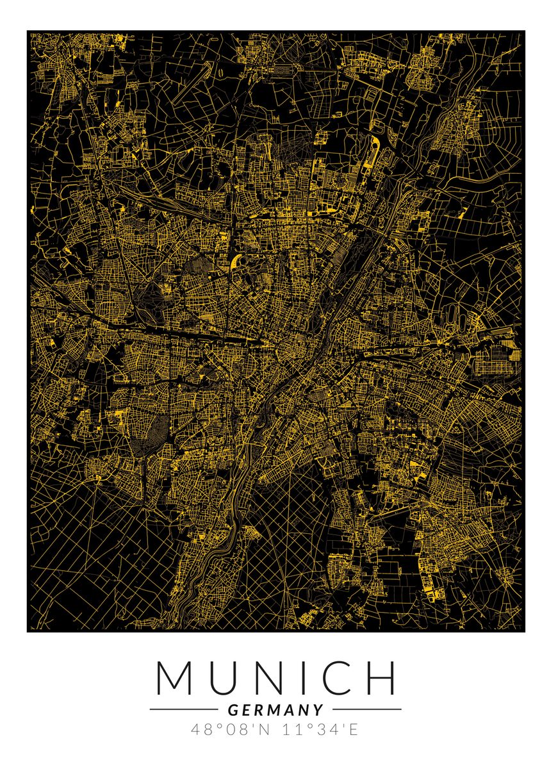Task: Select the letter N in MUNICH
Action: (x=271, y=677)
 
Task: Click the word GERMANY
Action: (x=275, y=710)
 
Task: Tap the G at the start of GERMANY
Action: (x=232, y=710)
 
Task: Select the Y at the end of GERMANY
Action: (x=318, y=710)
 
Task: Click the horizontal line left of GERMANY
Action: (x=183, y=709)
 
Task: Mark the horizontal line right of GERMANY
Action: (x=367, y=709)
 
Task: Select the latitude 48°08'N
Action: (x=227, y=729)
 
